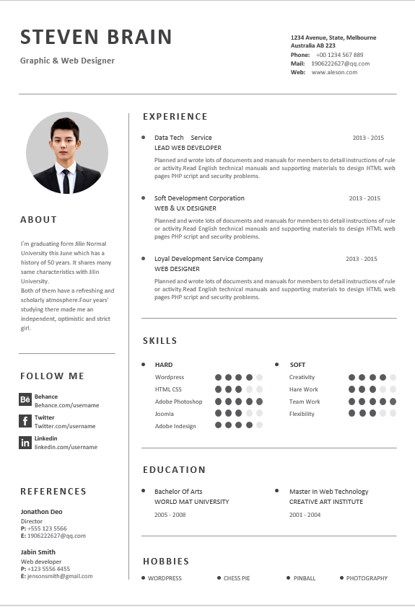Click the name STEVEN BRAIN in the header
pos(96,37)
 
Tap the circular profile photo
pos(67,152)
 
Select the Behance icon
pos(25,400)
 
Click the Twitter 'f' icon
pos(25,421)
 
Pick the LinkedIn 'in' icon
pos(25,443)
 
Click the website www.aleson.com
pos(334,72)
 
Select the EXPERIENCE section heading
pos(175,116)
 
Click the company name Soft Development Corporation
pos(199,198)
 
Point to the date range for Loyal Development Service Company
pos(361,259)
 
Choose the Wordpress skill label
pos(170,377)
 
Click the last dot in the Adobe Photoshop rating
pos(259,402)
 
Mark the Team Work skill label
pos(305,402)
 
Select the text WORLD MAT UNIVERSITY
pos(191,502)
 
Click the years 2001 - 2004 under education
pos(305,515)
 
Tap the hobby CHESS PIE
pos(237,578)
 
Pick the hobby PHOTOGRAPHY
pos(367,578)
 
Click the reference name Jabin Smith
pos(38,552)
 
